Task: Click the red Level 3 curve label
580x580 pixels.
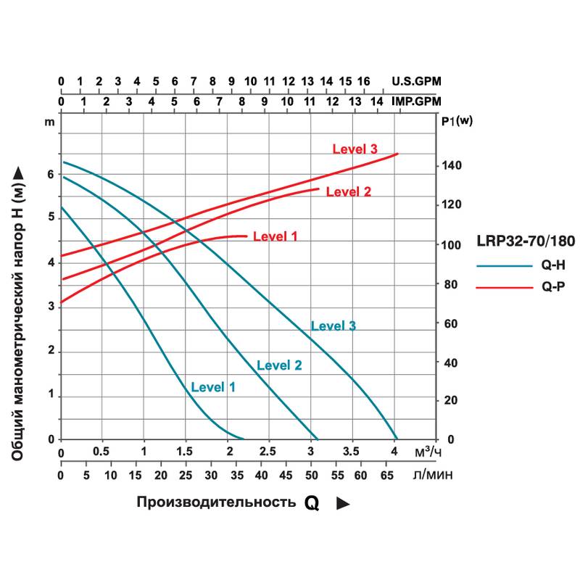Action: [x=355, y=149]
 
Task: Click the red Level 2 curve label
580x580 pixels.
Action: [x=348, y=192]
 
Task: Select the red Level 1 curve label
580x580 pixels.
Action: [x=275, y=236]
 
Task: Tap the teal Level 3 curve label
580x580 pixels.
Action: [x=333, y=326]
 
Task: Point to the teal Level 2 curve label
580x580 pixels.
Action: [x=279, y=365]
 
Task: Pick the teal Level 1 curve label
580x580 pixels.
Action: [x=213, y=387]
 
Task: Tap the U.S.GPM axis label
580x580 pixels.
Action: [x=416, y=80]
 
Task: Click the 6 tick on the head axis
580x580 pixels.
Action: [x=50, y=174]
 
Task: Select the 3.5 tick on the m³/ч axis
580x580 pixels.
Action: [x=352, y=452]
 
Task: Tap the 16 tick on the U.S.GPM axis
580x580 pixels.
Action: [x=364, y=80]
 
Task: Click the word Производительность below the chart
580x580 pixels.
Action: [x=216, y=502]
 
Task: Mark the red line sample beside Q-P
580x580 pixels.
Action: [x=505, y=287]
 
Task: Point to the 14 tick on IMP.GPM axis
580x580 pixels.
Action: [x=377, y=101]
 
